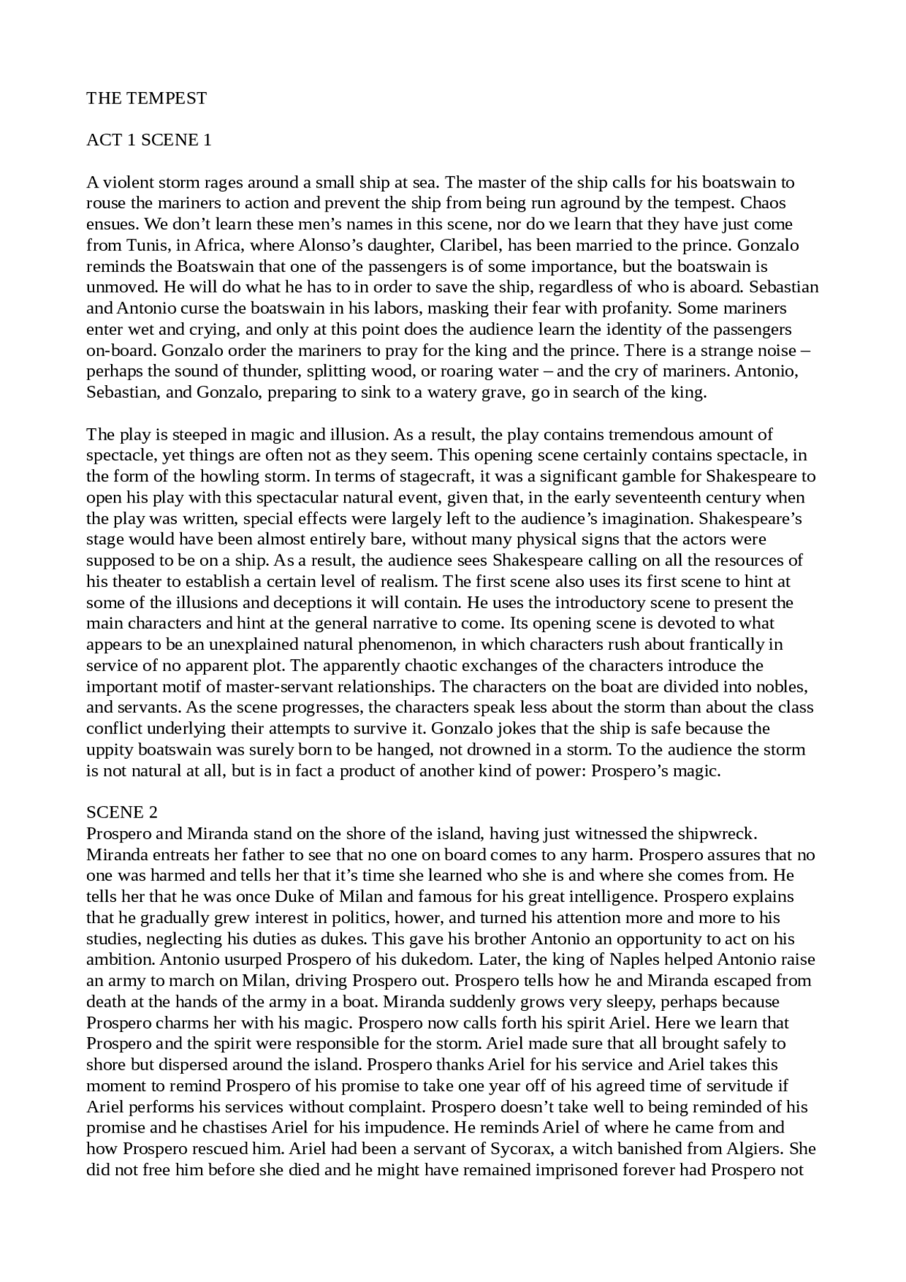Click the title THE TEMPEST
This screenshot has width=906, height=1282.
[147, 98]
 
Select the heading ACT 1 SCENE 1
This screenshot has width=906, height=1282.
[149, 140]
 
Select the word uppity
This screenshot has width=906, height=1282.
[110, 750]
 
